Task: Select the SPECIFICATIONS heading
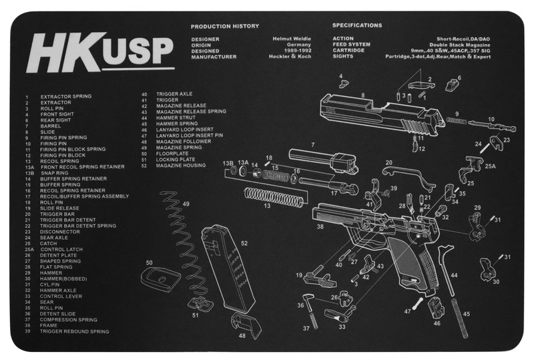357,25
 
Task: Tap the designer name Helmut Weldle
292,39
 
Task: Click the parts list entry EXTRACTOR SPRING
66,96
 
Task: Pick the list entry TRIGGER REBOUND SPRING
74,331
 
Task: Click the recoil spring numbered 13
274,196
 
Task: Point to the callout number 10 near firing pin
492,120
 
